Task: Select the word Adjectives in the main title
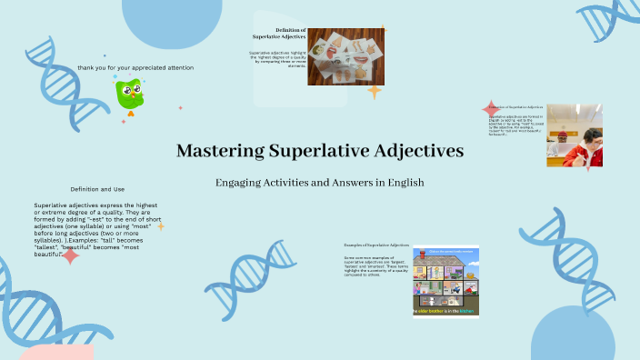click(x=418, y=150)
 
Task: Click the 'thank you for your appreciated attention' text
click(x=135, y=67)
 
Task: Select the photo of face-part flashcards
click(x=345, y=56)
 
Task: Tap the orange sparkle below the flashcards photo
click(x=373, y=92)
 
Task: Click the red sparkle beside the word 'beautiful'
click(x=70, y=255)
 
